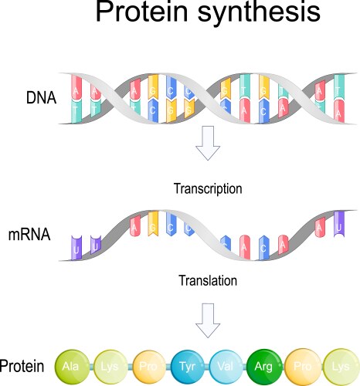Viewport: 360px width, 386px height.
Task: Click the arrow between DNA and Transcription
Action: pos(208,145)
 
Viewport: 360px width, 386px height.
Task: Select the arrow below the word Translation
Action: pos(207,318)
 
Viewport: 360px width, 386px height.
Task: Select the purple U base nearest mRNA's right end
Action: pos(339,223)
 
